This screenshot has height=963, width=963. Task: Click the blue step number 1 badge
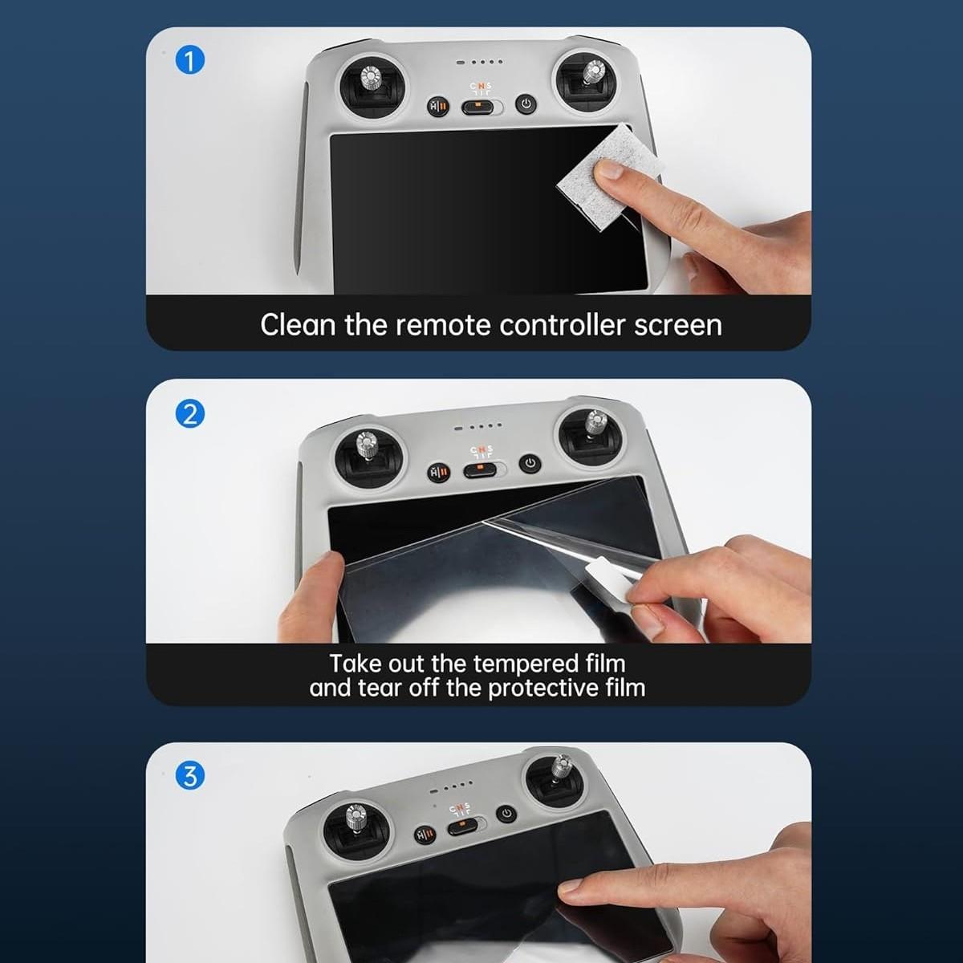tap(189, 60)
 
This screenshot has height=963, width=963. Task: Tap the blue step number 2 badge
tap(189, 414)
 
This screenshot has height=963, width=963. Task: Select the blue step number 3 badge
tap(189, 775)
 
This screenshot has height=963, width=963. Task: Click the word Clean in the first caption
tap(298, 325)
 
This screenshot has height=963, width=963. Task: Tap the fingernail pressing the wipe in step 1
tap(610, 169)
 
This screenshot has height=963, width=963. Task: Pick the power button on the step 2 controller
tap(530, 463)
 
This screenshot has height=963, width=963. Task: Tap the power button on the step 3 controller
tap(506, 813)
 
